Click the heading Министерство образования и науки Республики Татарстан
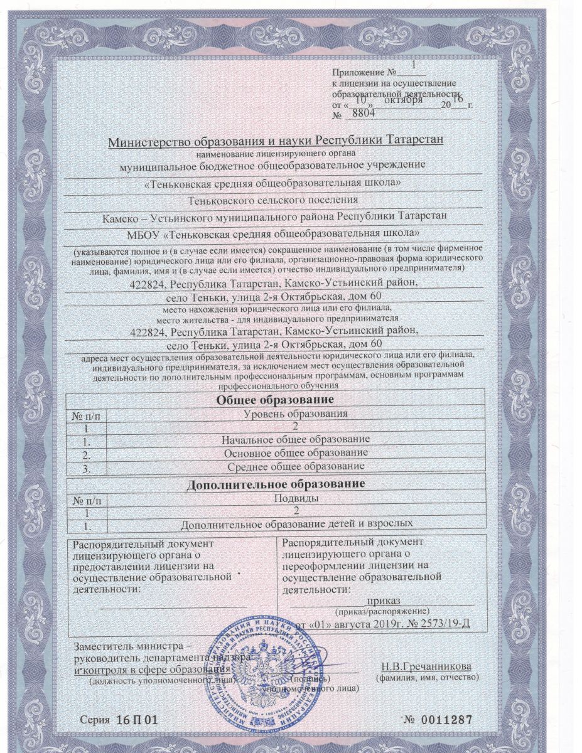coord(276,140)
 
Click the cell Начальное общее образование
coord(295,439)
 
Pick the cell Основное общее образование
coord(295,452)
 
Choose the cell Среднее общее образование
coord(295,466)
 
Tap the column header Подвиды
coord(295,498)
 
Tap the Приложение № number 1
coord(413,65)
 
